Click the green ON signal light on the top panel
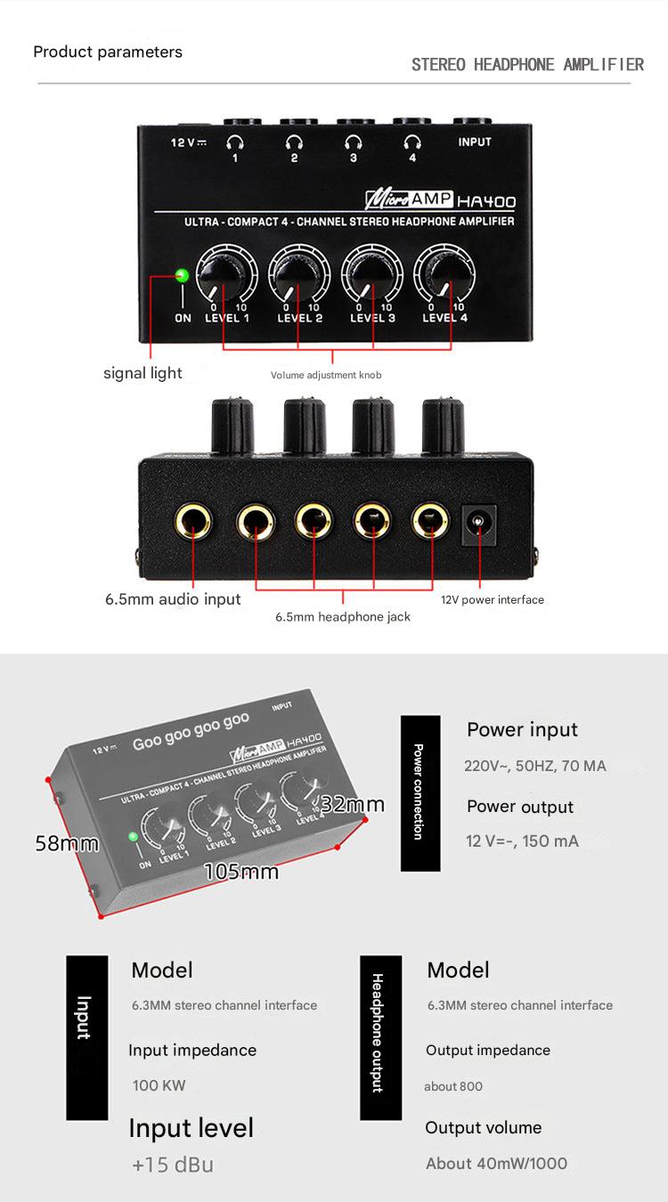(x=183, y=276)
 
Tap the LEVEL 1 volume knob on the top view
(x=223, y=276)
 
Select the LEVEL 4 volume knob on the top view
(x=444, y=276)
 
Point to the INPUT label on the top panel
(x=475, y=142)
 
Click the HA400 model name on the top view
(x=486, y=202)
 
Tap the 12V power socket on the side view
(x=478, y=525)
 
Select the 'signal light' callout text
(x=143, y=373)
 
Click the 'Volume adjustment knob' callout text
(x=326, y=375)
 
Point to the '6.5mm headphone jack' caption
(x=343, y=617)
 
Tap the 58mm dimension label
(x=67, y=843)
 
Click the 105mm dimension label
(x=241, y=872)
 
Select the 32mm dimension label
(x=353, y=804)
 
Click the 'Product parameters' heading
(x=108, y=52)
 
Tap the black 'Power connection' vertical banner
(x=420, y=792)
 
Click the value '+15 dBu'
(x=173, y=1165)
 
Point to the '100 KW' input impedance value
(x=159, y=1085)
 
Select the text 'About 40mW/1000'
(x=497, y=1164)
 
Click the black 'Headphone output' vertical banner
(x=380, y=1038)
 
